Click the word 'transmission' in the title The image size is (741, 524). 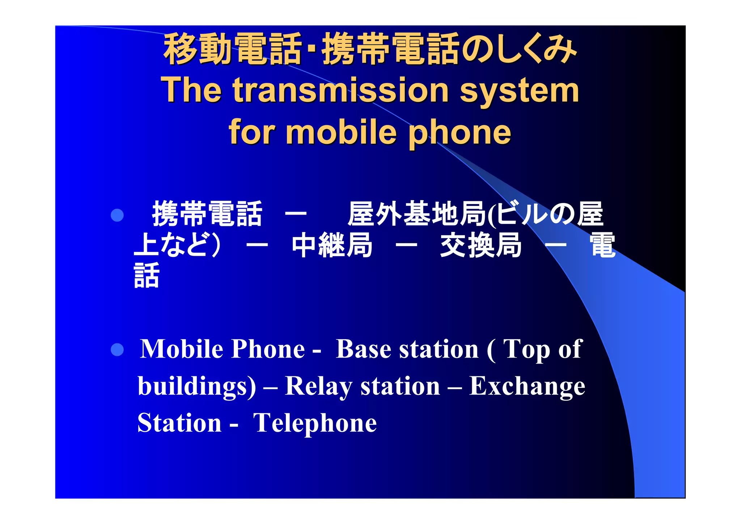[340, 90]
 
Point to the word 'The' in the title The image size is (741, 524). [191, 90]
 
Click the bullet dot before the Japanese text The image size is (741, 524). [117, 215]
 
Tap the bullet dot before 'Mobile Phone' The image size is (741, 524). [117, 350]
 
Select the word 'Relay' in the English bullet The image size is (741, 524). [318, 386]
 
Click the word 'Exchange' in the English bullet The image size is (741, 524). [527, 386]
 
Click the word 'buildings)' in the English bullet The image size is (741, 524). [197, 386]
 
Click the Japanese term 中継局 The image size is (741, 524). [332, 245]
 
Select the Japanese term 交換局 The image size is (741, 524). [481, 245]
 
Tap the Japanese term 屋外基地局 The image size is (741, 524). [417, 214]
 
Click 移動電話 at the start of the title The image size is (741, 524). [232, 49]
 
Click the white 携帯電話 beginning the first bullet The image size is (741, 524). [207, 214]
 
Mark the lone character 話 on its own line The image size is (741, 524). [147, 276]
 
